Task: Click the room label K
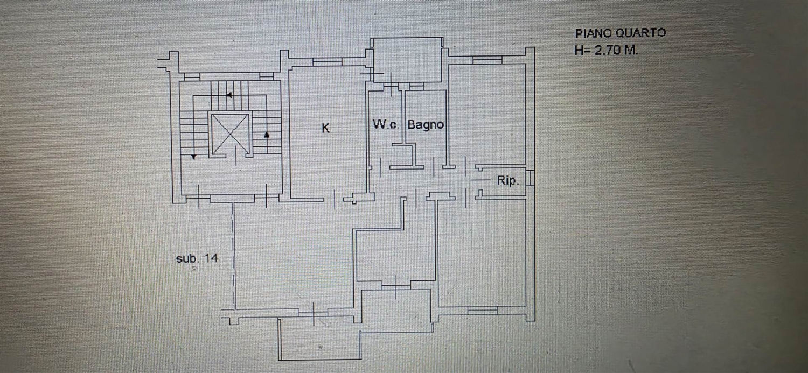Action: (x=325, y=128)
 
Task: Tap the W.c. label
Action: (x=386, y=125)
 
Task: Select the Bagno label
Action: (x=426, y=125)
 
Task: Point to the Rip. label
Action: (x=509, y=180)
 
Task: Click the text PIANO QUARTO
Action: (x=621, y=33)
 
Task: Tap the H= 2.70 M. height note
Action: (x=606, y=50)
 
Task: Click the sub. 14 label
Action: (x=197, y=258)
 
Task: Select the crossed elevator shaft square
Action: (x=230, y=134)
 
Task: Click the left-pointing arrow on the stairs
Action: (x=229, y=95)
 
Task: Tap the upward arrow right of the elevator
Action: (x=267, y=135)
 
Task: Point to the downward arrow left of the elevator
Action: (x=194, y=157)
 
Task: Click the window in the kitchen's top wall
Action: (x=327, y=62)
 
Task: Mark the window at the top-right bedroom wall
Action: (x=487, y=60)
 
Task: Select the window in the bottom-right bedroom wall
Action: (x=482, y=311)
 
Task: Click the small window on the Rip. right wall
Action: (x=530, y=178)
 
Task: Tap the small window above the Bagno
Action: (x=416, y=87)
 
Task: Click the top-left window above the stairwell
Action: (x=192, y=77)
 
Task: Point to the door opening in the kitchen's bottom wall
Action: (x=334, y=199)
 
